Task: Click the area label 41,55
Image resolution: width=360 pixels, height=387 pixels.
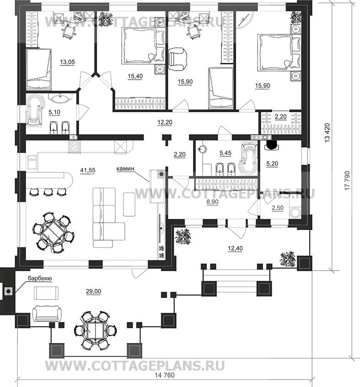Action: (88, 170)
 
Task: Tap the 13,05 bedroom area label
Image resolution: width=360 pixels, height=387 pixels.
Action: (67, 62)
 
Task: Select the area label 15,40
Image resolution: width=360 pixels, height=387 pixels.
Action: (135, 76)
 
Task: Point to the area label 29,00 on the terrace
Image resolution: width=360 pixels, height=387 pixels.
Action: (93, 291)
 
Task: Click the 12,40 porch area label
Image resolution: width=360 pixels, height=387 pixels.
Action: (235, 248)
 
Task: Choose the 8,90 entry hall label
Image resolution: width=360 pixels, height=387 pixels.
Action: (212, 202)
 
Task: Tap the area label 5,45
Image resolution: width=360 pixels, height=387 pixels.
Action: (226, 153)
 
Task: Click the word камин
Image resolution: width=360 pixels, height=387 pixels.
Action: (125, 169)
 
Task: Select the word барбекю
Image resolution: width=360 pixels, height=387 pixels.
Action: (40, 278)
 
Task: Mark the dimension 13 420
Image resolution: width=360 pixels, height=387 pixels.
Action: (327, 132)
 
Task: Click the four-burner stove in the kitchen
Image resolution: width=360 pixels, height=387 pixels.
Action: (75, 147)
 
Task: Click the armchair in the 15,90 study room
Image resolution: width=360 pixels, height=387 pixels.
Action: (178, 60)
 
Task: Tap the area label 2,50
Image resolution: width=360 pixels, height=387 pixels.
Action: (277, 207)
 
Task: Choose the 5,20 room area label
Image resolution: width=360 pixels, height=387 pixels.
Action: (272, 164)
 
